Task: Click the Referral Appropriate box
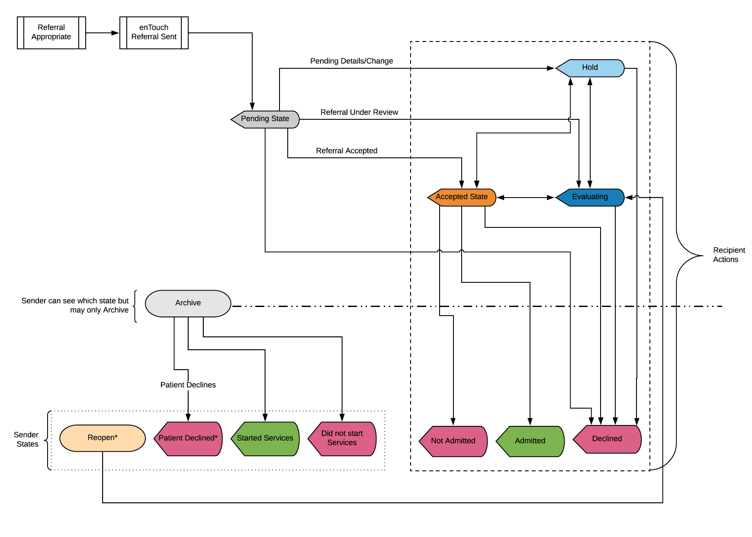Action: (51, 32)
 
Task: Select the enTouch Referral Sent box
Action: (154, 32)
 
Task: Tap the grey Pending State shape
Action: (265, 119)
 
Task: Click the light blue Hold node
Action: (590, 68)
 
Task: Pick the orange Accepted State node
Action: (462, 197)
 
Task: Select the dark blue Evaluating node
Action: (590, 197)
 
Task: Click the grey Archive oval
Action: (188, 303)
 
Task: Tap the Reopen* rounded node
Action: (103, 438)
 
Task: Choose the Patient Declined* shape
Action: (188, 438)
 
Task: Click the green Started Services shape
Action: (265, 438)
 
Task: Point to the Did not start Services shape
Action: (342, 438)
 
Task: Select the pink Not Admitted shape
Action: (453, 441)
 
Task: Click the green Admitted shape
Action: (530, 441)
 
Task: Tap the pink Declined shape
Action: (607, 439)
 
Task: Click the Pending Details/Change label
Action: (351, 61)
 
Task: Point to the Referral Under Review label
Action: (359, 112)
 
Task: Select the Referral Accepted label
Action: (347, 151)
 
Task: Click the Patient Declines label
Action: (188, 385)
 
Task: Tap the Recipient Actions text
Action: (729, 255)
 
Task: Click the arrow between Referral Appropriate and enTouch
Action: (103, 33)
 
